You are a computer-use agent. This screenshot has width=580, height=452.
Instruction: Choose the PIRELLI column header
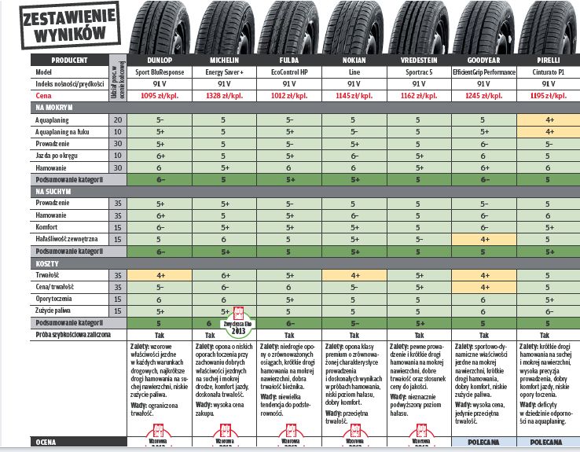tap(547, 60)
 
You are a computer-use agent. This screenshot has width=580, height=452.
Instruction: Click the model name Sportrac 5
tap(418, 71)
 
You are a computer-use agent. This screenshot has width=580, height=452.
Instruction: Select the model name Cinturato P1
tap(547, 71)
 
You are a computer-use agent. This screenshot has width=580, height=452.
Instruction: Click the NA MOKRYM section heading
tap(55, 107)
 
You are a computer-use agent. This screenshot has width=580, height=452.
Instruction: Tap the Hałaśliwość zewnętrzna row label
tap(68, 239)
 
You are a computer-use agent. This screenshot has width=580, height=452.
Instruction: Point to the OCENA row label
tap(47, 443)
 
